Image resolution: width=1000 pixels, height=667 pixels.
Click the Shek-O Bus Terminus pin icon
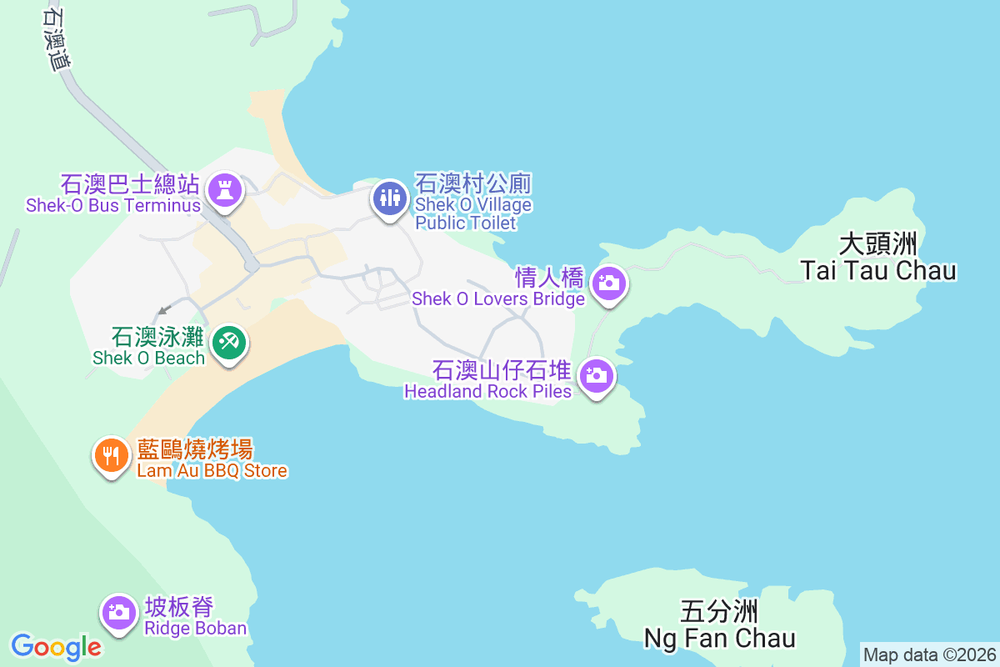[223, 189]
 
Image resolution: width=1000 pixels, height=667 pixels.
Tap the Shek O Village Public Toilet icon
[389, 198]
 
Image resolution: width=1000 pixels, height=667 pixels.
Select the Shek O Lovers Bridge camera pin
[609, 283]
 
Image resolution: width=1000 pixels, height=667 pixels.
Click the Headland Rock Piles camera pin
[596, 376]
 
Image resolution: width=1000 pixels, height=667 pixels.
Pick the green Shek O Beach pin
[227, 342]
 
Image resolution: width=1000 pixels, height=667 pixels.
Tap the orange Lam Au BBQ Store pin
[110, 455]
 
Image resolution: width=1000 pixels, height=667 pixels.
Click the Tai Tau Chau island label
[878, 258]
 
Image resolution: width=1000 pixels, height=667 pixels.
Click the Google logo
[57, 647]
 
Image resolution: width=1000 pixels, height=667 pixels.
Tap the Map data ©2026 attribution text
[929, 654]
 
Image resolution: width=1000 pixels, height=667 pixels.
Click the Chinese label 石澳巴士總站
[129, 183]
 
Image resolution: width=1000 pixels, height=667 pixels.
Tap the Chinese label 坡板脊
[179, 607]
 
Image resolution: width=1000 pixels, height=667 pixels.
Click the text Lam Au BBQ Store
[212, 470]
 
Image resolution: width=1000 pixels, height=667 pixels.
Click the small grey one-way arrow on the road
[164, 309]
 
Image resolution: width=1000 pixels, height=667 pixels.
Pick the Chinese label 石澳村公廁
[473, 183]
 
